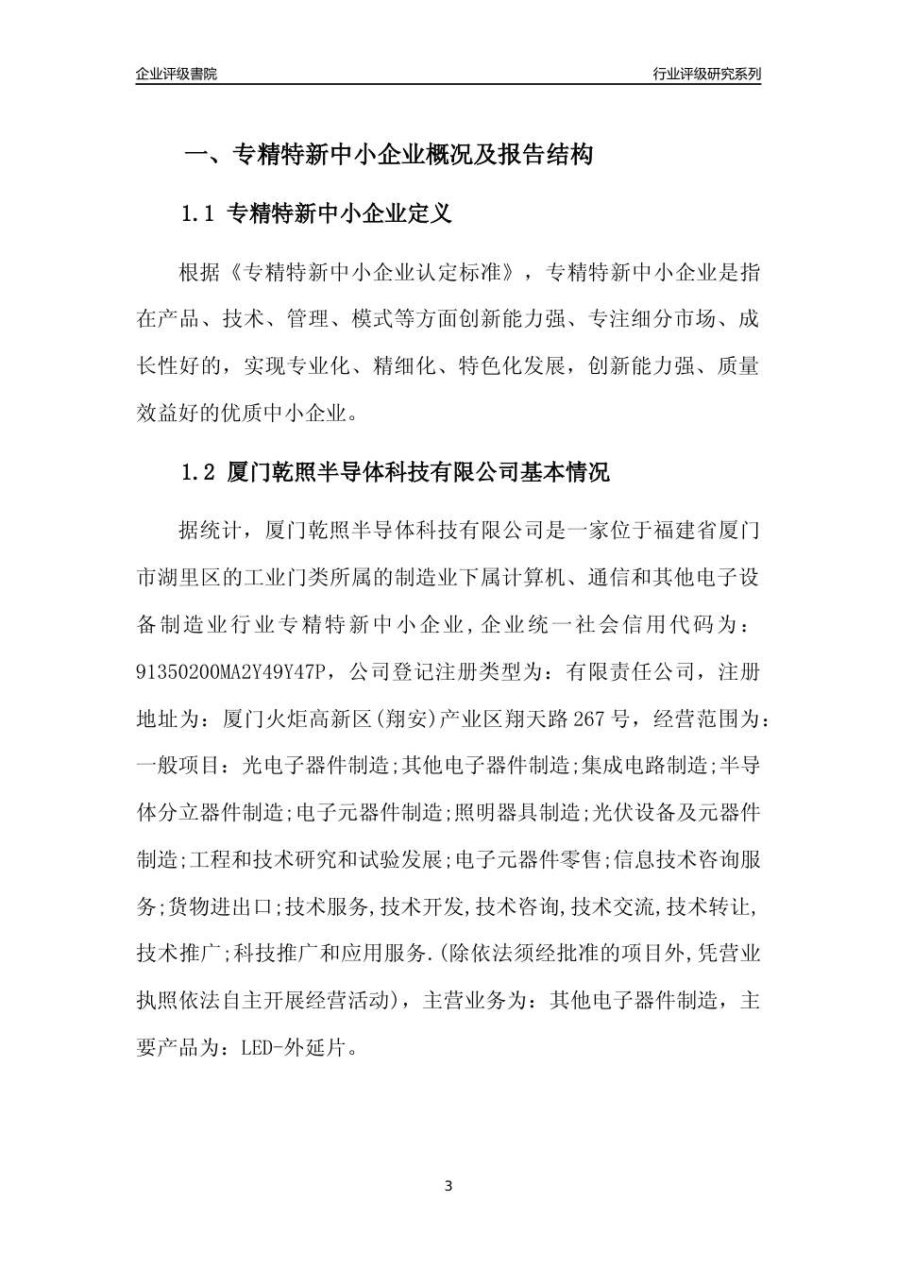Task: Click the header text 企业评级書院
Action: pyautogui.click(x=177, y=75)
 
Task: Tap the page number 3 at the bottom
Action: pyautogui.click(x=448, y=1186)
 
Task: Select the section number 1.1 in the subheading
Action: pyautogui.click(x=199, y=214)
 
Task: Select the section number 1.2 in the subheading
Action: pyautogui.click(x=199, y=473)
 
